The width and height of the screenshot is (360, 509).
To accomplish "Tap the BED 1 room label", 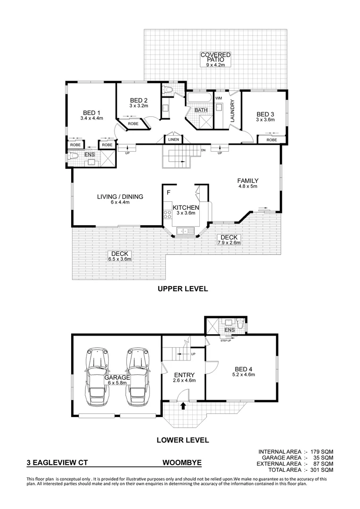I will coord(92,113).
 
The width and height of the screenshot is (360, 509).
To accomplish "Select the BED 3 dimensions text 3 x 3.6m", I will coord(265,120).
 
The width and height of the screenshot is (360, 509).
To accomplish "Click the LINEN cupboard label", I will coord(171,139).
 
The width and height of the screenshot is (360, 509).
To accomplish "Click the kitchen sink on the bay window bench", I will coord(184,231).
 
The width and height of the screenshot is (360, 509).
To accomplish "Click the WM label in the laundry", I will coord(218,98).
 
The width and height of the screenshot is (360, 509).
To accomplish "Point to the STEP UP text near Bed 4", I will coord(226,340).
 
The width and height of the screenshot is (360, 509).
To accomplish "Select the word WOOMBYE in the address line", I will coord(182,463).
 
